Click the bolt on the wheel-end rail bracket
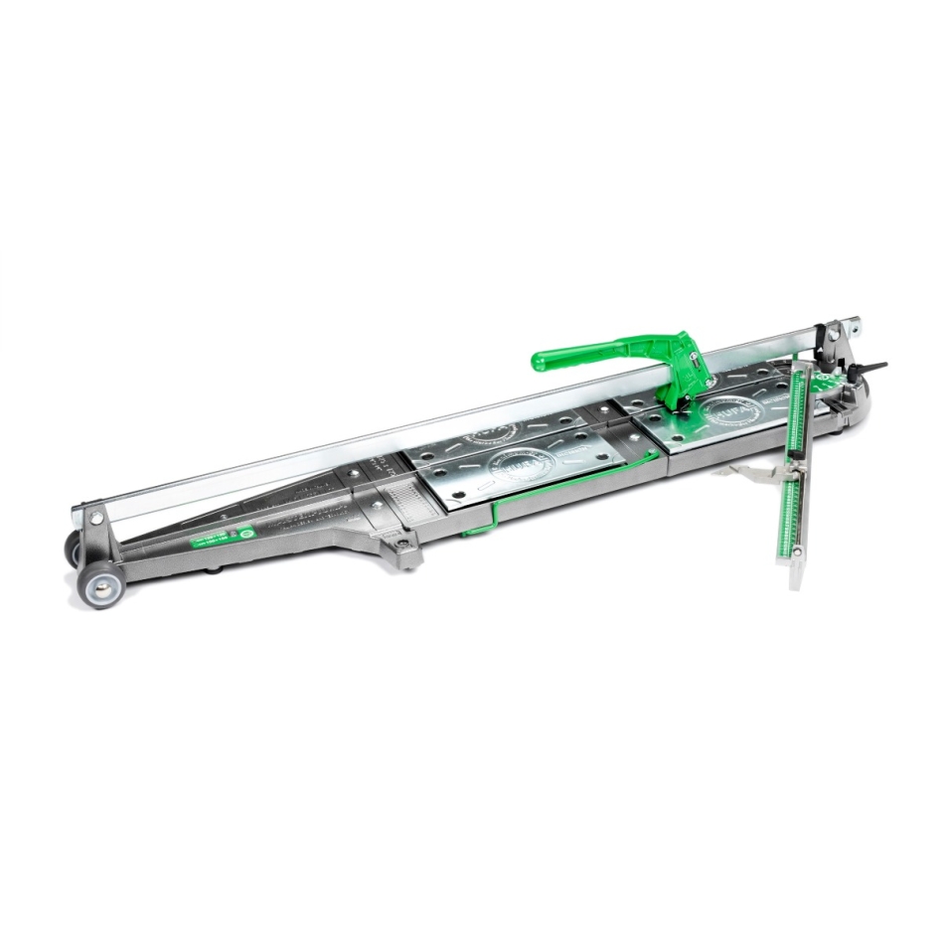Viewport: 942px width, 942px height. [x=96, y=518]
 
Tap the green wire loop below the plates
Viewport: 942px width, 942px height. [x=556, y=492]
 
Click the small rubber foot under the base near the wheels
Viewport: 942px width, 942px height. [x=212, y=571]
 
